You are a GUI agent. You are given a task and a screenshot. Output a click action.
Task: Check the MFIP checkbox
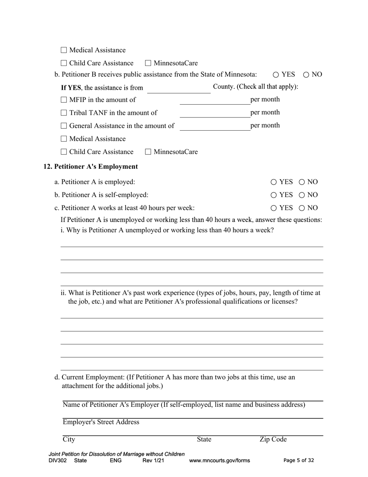pos(64,100)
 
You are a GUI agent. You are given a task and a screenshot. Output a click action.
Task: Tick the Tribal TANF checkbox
pos(64,113)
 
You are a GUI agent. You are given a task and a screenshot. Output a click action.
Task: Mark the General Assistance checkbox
pos(64,126)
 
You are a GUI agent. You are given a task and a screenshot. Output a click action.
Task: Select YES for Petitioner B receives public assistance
pos(276,75)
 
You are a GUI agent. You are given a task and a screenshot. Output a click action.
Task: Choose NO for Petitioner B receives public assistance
pos(306,75)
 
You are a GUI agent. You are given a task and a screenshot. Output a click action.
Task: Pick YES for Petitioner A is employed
pos(274,182)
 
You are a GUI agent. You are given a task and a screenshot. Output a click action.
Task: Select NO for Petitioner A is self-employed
pos(302,195)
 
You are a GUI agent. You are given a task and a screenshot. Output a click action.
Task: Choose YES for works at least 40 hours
pos(274,208)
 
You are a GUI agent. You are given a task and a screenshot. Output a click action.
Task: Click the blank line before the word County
pos(179,89)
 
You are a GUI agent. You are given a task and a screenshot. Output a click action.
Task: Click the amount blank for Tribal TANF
pos(215,113)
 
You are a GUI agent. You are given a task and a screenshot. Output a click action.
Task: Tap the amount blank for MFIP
pos(215,100)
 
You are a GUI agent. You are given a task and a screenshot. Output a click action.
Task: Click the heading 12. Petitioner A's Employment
pos(91,167)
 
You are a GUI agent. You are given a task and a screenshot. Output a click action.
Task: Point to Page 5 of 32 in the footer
pos(299,461)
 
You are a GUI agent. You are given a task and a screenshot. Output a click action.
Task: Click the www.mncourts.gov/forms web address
pos(219,461)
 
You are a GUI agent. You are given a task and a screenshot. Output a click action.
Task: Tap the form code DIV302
pos(58,461)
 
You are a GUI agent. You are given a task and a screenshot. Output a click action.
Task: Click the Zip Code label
pos(273,439)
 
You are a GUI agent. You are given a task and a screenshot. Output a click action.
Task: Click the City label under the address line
pos(69,439)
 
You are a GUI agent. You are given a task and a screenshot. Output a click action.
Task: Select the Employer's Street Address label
pos(101,422)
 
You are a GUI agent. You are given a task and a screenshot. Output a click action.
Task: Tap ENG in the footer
pos(116,461)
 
